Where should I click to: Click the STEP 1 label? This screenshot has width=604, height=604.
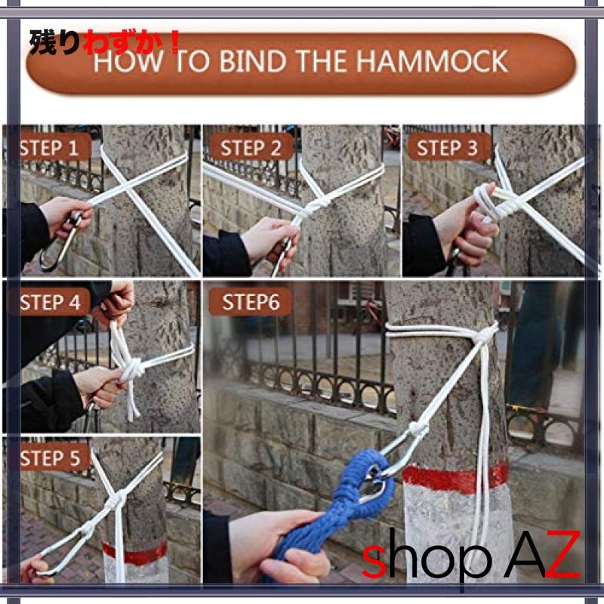point(49,148)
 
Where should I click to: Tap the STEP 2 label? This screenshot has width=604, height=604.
point(251,148)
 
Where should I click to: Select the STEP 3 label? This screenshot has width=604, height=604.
point(447,148)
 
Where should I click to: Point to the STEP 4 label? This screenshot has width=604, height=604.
point(50,303)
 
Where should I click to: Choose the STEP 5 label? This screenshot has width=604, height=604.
point(50,458)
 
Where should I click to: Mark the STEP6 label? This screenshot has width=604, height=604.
point(251,303)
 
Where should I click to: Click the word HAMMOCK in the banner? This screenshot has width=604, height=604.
point(432,61)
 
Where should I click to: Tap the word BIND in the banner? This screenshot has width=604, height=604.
point(253,61)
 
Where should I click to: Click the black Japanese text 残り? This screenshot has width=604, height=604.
point(55,42)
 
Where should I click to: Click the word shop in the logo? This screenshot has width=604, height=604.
point(427,556)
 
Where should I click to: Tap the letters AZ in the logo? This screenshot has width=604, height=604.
point(542,555)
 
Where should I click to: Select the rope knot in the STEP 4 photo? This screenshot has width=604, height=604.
point(132,369)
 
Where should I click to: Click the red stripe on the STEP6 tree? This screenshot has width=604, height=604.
point(455,479)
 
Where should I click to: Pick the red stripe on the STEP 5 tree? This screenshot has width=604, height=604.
point(135,553)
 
